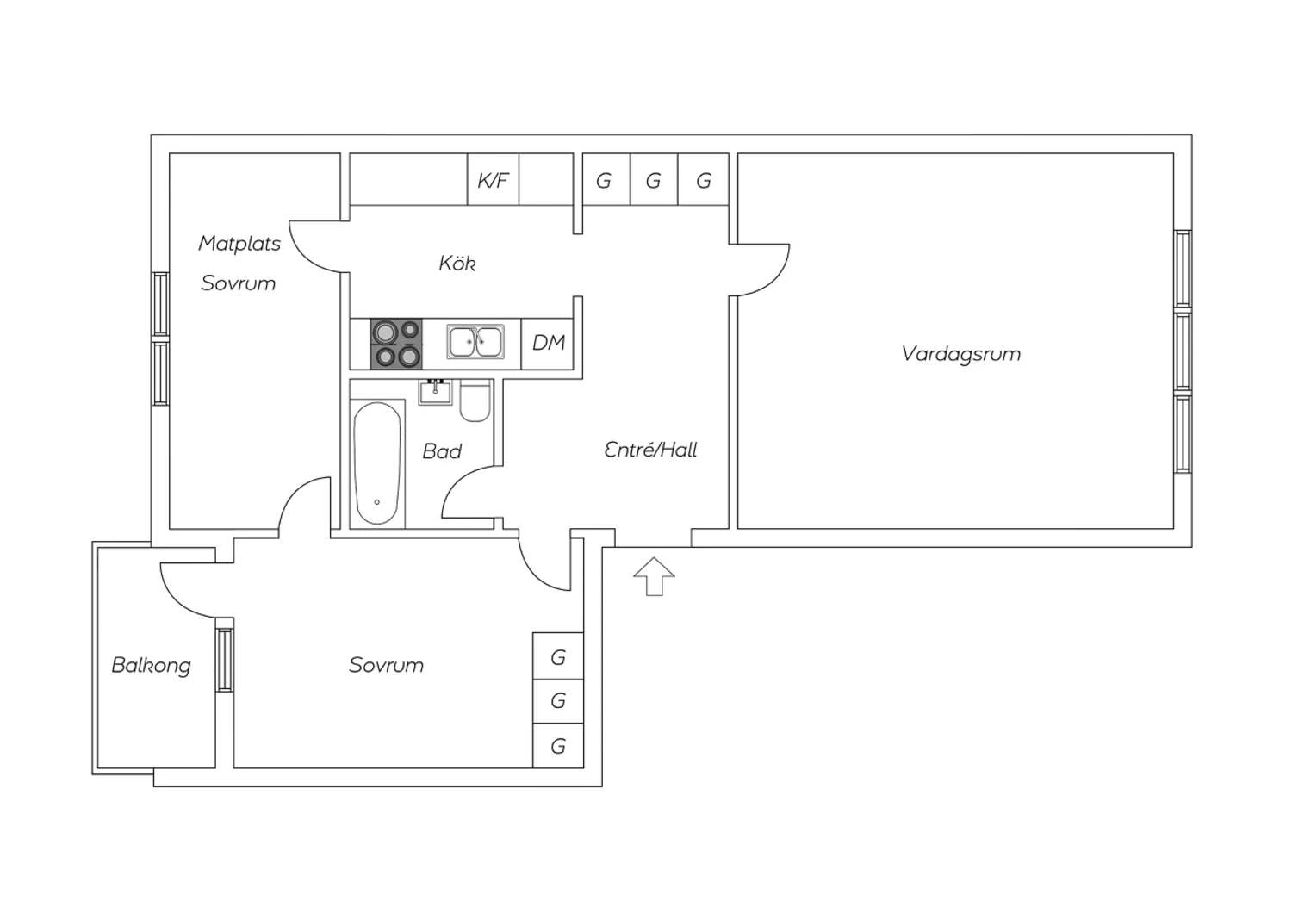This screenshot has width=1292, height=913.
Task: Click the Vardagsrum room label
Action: (x=960, y=354)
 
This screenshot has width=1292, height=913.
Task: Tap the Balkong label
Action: (x=151, y=665)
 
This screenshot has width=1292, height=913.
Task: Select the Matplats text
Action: (x=239, y=243)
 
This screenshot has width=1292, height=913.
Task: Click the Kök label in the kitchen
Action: (x=457, y=263)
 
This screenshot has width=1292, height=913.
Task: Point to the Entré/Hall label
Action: (x=650, y=450)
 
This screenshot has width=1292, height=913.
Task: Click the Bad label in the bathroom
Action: (x=442, y=451)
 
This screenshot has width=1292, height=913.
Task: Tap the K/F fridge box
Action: (x=493, y=180)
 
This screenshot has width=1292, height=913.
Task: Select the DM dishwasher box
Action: (x=548, y=343)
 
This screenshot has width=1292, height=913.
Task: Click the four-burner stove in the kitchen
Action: (x=396, y=344)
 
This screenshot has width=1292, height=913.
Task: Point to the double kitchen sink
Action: (x=475, y=342)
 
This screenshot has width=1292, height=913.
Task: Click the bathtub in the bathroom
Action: (x=377, y=463)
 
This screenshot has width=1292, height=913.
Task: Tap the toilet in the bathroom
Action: (x=475, y=403)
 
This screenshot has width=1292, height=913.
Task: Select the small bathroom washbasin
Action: (x=435, y=392)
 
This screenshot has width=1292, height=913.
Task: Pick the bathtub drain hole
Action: (x=377, y=502)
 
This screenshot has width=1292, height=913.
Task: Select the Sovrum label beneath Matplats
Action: (x=238, y=283)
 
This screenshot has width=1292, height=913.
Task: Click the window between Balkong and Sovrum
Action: (x=225, y=660)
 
